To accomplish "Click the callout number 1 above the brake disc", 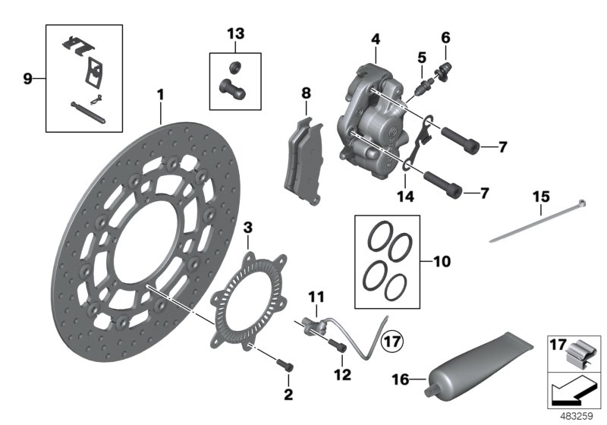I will coord(160,94).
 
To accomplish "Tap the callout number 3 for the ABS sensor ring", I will coord(247,227).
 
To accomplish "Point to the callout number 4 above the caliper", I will coord(375,37).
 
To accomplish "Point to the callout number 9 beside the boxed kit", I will coord(28,78).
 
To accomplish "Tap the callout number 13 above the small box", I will coord(235,33).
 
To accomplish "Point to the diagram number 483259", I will coord(577,416).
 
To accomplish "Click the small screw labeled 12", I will coord(339,348).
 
